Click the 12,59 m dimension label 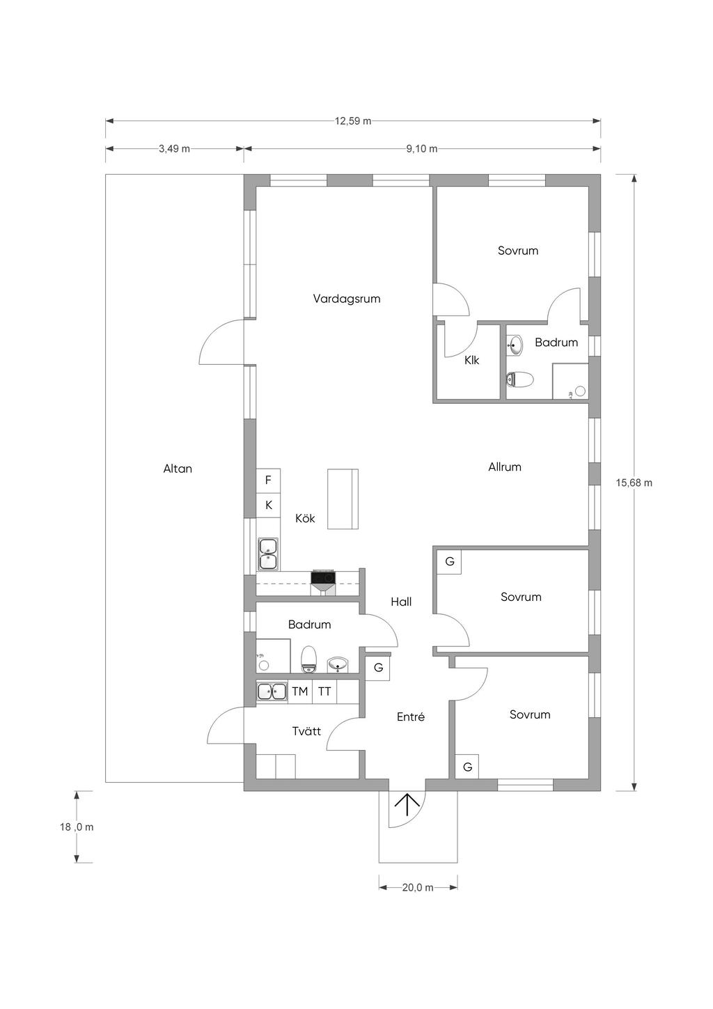(x=353, y=120)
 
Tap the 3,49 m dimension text (x=174, y=148)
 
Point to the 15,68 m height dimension (x=634, y=483)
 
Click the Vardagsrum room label (x=347, y=299)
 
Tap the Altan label (x=178, y=469)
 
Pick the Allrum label (x=504, y=467)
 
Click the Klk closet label (x=471, y=360)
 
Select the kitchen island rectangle (x=343, y=499)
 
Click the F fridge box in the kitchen (x=269, y=480)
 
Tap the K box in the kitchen (x=269, y=506)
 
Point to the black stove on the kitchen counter (x=323, y=577)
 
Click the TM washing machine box (x=299, y=691)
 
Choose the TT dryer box (x=324, y=691)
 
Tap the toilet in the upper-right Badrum (x=519, y=379)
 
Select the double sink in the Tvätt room (x=272, y=691)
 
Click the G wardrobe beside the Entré (x=377, y=668)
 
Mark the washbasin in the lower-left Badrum (x=338, y=664)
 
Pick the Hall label (x=401, y=602)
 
